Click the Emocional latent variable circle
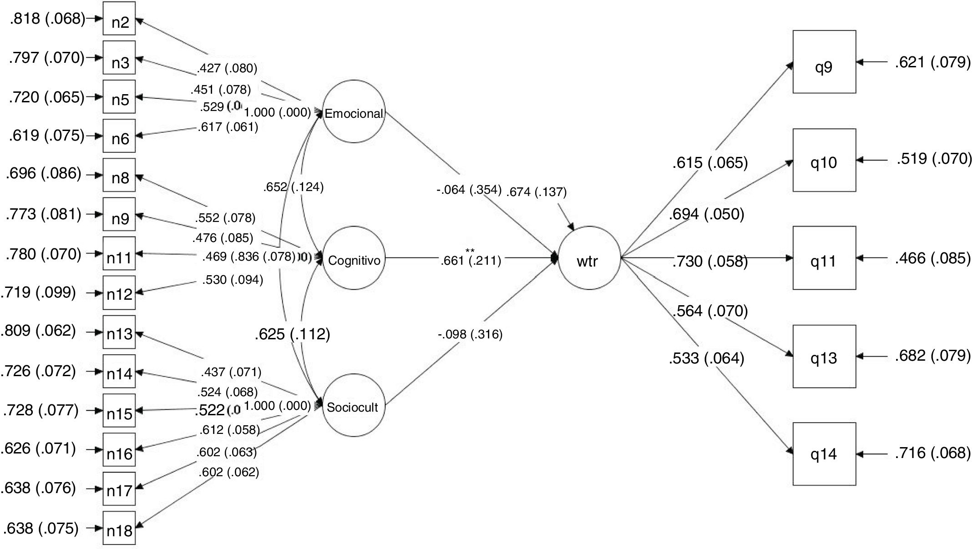pos(354,112)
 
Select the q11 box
pos(824,258)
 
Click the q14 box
pos(824,453)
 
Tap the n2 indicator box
pos(119,19)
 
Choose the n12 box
pos(119,292)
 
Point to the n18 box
pos(119,528)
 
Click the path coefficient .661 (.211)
pos(471,261)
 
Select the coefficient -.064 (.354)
pos(469,190)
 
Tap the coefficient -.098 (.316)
pos(470,335)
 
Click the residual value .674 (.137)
pos(537,192)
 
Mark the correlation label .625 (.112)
pos(292,335)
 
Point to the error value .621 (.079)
pos(932,62)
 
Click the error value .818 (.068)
pos(47,19)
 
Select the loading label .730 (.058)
pos(710,262)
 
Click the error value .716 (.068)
pos(932,453)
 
